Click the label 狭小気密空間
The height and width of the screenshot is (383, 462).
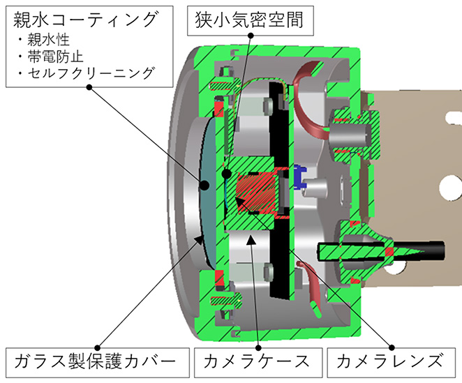250,21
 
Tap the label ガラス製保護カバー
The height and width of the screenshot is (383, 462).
98,363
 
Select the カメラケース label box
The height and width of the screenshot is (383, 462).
258,363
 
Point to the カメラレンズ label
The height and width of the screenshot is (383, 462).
392,363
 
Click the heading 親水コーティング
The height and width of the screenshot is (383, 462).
85,20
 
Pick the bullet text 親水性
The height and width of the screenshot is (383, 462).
49,40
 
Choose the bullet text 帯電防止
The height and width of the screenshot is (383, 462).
55,57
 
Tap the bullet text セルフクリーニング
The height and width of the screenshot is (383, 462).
91,73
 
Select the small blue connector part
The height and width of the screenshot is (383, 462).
300,177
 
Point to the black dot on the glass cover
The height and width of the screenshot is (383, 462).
204,186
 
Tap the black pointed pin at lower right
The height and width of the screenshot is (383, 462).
380,251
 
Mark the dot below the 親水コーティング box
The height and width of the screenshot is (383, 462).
89,87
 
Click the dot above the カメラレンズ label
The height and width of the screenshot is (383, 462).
392,347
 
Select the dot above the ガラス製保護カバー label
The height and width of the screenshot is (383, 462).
98,348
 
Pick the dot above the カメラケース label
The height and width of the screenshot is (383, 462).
258,348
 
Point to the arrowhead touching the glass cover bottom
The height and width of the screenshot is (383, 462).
200,240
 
